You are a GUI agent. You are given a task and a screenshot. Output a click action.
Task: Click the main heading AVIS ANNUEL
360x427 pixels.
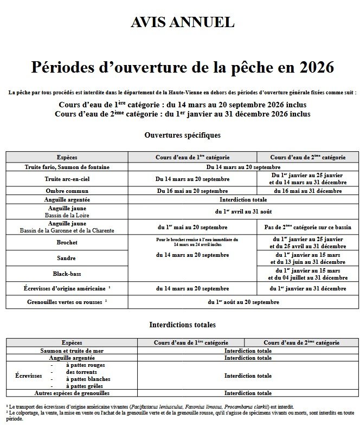[182, 22]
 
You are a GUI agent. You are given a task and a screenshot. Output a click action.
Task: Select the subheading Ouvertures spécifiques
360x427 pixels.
[183, 134]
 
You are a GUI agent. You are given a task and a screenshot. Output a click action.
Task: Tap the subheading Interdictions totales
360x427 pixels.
[182, 325]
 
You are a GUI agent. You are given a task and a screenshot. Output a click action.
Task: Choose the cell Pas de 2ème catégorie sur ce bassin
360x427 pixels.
[306, 227]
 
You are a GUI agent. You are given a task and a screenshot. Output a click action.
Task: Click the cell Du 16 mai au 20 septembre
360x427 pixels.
[192, 191]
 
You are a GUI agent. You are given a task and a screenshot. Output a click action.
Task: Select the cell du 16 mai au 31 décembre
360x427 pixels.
[306, 191]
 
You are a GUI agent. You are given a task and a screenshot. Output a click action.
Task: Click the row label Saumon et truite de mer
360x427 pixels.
[72, 351]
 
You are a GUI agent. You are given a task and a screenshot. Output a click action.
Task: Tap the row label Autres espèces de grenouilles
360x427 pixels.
[72, 393]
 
